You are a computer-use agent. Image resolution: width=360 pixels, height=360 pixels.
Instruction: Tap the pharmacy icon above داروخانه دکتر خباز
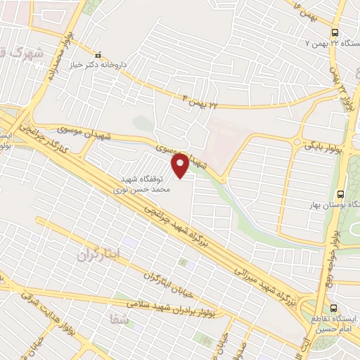click(x=98, y=55)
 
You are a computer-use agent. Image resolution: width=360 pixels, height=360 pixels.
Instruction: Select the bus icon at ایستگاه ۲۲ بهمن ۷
click(x=334, y=32)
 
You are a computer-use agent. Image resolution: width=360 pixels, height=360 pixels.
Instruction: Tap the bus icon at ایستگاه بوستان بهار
click(x=341, y=193)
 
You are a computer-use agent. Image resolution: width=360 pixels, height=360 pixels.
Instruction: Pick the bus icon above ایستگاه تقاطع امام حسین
click(x=334, y=307)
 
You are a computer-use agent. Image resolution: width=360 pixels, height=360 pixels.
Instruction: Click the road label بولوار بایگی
click(x=323, y=148)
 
